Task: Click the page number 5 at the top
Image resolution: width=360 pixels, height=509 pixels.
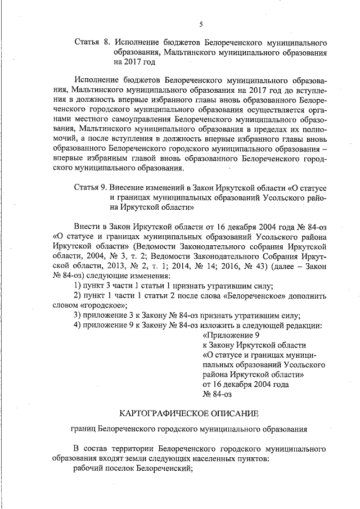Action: (201, 23)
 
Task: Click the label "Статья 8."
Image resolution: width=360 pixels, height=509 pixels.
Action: (92, 42)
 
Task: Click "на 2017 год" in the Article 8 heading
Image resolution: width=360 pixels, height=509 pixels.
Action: (134, 62)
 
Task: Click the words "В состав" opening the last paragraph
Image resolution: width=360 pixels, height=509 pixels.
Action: (89, 449)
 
